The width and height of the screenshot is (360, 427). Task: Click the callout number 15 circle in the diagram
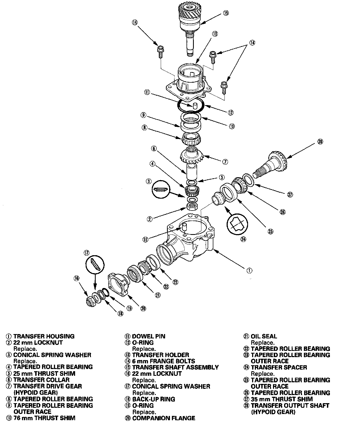pyautogui.click(x=226, y=12)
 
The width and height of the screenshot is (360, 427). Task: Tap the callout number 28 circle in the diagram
pyautogui.click(x=320, y=141)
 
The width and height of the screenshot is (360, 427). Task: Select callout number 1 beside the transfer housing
pyautogui.click(x=249, y=270)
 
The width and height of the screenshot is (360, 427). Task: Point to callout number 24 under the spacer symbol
pyautogui.click(x=243, y=239)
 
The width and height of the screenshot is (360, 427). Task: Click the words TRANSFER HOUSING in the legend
pyautogui.click(x=44, y=336)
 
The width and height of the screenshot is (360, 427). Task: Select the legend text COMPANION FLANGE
pyautogui.click(x=163, y=418)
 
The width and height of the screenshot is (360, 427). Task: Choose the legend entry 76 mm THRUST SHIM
pyautogui.click(x=44, y=418)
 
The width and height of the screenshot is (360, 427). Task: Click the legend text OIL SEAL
pyautogui.click(x=264, y=336)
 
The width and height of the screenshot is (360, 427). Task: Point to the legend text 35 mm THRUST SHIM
pyautogui.click(x=282, y=399)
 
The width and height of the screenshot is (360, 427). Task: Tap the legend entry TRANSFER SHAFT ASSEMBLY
pyautogui.click(x=175, y=367)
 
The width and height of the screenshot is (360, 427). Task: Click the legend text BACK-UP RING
pyautogui.click(x=153, y=399)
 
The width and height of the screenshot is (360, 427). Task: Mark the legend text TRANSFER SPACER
pyautogui.click(x=279, y=367)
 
